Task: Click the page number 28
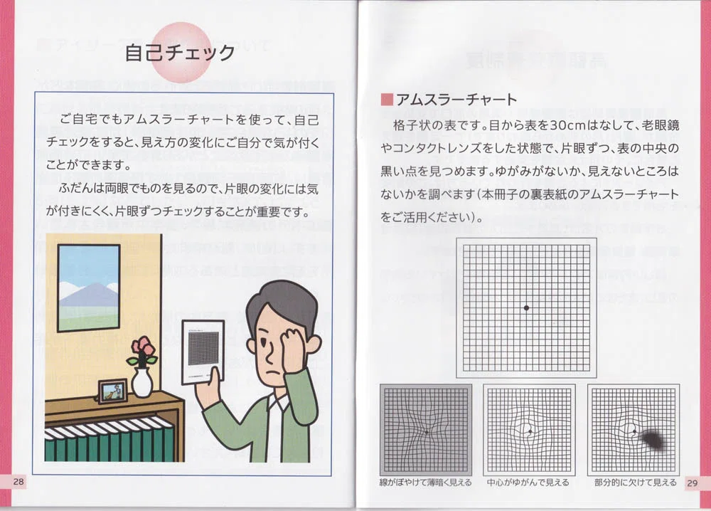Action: point(18,482)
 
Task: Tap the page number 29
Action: point(692,483)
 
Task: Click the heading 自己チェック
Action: point(180,53)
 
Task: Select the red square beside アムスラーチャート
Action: point(387,100)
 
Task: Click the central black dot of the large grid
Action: point(526,307)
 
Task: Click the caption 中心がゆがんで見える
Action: point(528,483)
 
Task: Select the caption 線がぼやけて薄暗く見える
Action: point(425,483)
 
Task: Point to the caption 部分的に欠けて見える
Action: point(635,483)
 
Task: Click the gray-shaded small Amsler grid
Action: point(426,430)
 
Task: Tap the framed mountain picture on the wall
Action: point(89,288)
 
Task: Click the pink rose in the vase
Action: point(143,347)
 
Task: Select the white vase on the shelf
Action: point(142,382)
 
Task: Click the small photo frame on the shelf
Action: point(113,391)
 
